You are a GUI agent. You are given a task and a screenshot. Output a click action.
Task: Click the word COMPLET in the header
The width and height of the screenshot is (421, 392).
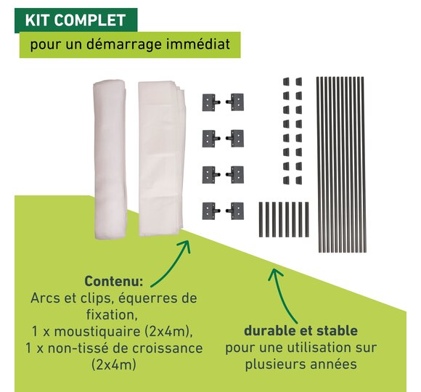pyautogui.click(x=90, y=20)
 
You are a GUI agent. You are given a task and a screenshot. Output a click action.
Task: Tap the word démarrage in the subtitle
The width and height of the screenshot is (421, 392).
pyautogui.click(x=123, y=44)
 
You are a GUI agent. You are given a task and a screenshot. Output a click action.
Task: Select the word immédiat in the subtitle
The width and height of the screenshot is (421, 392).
pyautogui.click(x=198, y=44)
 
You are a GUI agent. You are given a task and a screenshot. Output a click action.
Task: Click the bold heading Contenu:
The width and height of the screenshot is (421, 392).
pyautogui.click(x=114, y=282)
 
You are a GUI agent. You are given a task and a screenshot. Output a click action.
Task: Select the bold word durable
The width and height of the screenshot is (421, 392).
pyautogui.click(x=270, y=331)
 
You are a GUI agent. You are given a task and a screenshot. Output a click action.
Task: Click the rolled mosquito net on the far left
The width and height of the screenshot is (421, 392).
pyautogui.click(x=110, y=158)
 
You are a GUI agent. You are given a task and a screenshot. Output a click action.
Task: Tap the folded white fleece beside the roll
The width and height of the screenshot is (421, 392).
pyautogui.click(x=161, y=158)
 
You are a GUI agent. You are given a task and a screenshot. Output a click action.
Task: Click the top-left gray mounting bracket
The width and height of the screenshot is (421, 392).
pyautogui.click(x=211, y=102)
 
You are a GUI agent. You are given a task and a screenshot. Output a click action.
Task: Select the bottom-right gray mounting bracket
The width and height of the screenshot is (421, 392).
pyautogui.click(x=235, y=211)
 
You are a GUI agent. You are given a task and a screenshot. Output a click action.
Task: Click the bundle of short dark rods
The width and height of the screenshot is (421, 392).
pyautogui.click(x=284, y=220)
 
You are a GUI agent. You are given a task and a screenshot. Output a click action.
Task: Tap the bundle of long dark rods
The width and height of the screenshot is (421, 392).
pyautogui.click(x=341, y=164)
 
